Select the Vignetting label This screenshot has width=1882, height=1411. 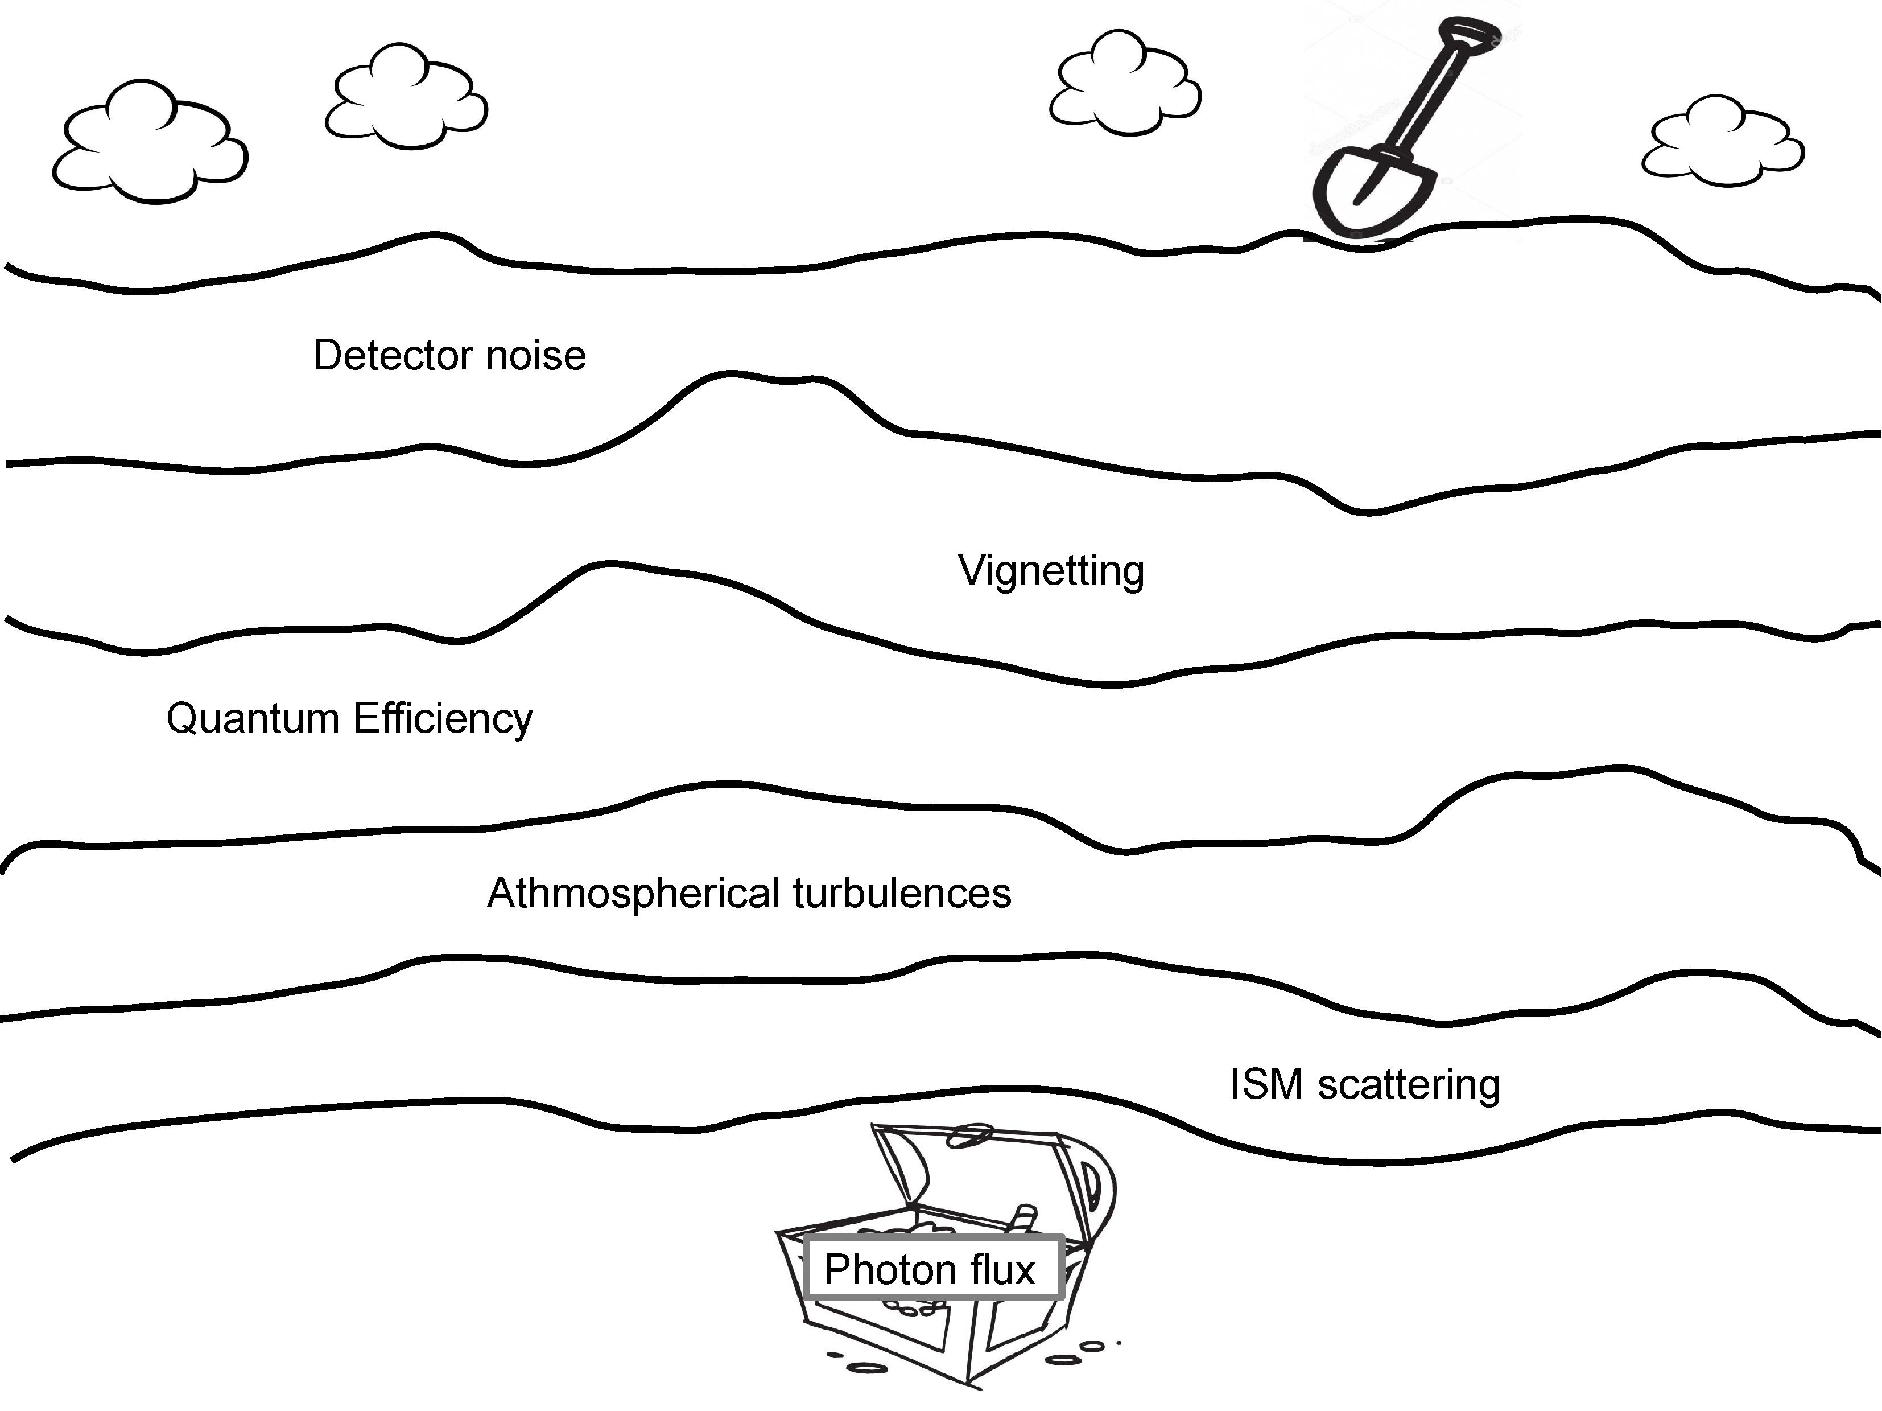tap(1051, 571)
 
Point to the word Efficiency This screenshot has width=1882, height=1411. tap(443, 719)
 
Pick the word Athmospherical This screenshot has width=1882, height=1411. tap(633, 894)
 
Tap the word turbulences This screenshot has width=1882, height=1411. tap(902, 894)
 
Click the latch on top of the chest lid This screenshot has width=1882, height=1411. tap(970, 1134)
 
